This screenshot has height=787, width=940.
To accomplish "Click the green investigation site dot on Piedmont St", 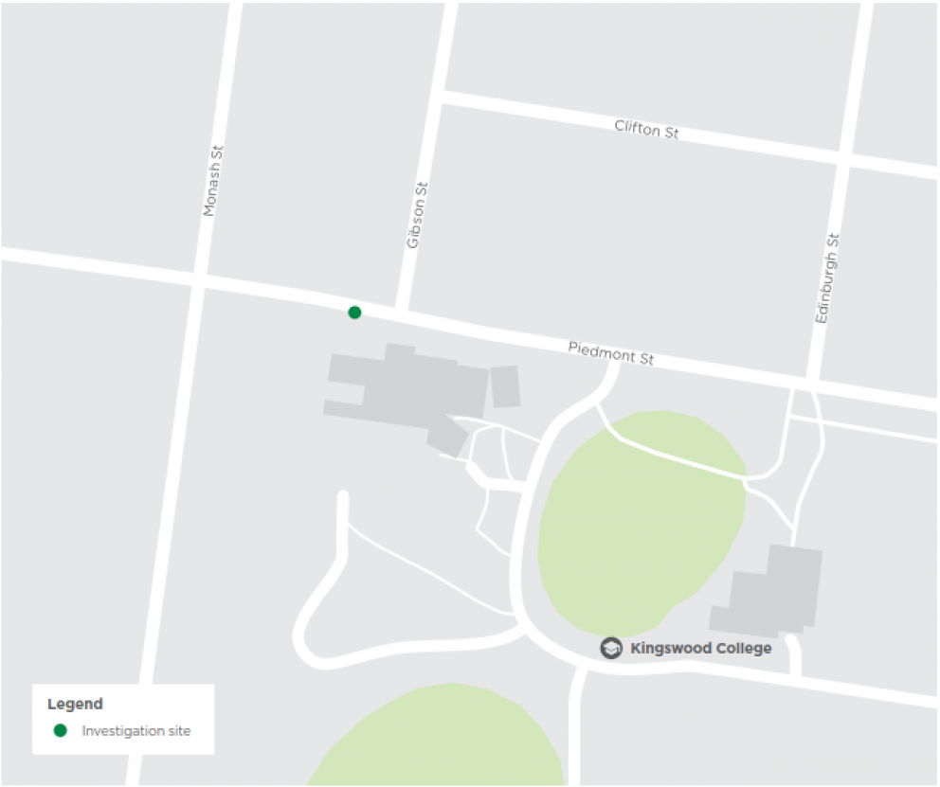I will coord(354,313).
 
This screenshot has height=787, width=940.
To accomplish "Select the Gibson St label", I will coord(417,216).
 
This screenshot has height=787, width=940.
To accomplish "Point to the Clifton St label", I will coord(646,129).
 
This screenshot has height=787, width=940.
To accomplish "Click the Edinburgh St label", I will coord(827,279).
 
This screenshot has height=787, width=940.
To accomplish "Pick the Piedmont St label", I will coord(611,353).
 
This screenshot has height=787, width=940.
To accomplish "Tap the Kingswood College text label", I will coord(700,649).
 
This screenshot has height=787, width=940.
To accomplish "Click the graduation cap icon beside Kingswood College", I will coord(612,649).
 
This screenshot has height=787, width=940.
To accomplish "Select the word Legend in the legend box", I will coord(75,705).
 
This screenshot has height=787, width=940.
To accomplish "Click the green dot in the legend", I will coord(61,730).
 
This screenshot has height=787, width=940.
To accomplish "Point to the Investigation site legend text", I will coord(136,731).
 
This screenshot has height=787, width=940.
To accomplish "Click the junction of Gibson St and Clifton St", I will coord(443,98).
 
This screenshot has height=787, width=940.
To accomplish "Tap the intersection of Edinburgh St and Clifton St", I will coord(841,158).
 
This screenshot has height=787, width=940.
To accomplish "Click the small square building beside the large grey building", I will coord(505,386).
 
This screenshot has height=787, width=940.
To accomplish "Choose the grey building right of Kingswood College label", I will coord(772,592).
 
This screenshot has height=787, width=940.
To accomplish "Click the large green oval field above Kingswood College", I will coord(640,521).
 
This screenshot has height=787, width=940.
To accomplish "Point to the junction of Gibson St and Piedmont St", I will coord(404,311).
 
